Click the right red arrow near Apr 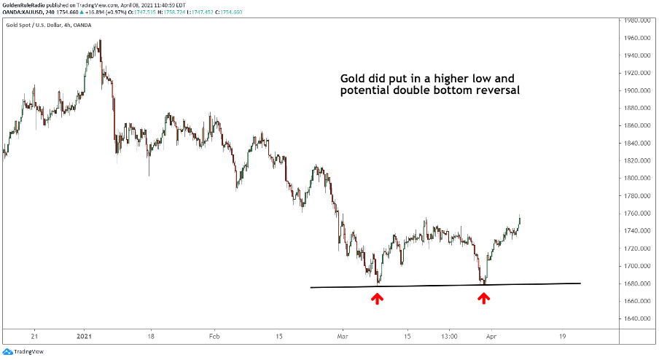click(483, 297)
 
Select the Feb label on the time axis click(214, 337)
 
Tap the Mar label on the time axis click(341, 337)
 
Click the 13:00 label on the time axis click(450, 337)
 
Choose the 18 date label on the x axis click(150, 337)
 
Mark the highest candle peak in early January click(100, 40)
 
